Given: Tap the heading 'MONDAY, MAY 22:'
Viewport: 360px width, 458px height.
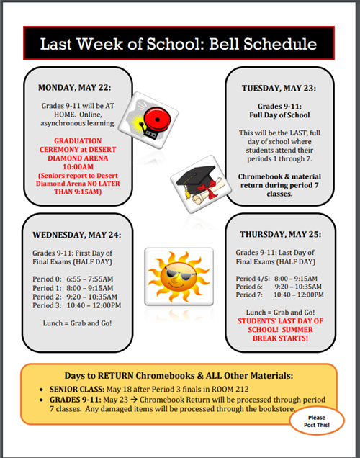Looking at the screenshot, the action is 74,88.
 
